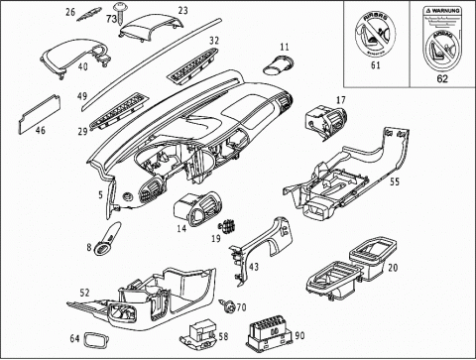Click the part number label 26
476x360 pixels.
tap(70, 12)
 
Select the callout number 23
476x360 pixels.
tap(182, 11)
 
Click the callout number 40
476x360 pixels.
tap(82, 66)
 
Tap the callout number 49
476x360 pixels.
tap(83, 96)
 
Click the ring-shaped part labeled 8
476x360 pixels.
tap(103, 245)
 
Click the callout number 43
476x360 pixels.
tap(254, 267)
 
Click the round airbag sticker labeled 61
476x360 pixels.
tap(374, 35)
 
